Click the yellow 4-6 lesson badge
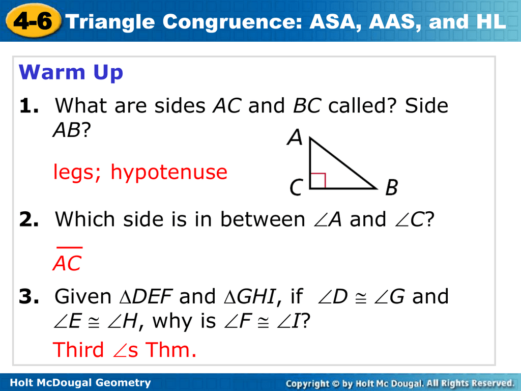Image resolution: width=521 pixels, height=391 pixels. pos(33,20)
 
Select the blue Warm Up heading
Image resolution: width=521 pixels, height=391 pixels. pos(71,72)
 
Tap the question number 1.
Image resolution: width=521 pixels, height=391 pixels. pos(29,106)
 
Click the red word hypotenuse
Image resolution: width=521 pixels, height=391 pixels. pos(169,172)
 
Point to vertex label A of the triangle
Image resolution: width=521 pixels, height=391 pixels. pos(295,137)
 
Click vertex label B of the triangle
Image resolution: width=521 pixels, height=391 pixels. pos(391,187)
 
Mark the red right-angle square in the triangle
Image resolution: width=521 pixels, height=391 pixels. pos(317,181)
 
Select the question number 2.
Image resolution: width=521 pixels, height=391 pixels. pos(29,219)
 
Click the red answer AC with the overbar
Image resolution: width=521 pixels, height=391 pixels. pos(68,260)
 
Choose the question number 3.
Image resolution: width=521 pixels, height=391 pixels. pos(29,297)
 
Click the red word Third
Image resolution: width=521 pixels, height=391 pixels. pos(78,350)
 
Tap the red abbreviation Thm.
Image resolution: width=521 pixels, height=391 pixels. pos(171,350)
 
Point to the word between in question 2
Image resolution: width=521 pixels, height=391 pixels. pos(263,219)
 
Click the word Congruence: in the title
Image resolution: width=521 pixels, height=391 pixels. pos(232,22)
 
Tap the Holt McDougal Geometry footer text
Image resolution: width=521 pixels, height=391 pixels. pos(80,383)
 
